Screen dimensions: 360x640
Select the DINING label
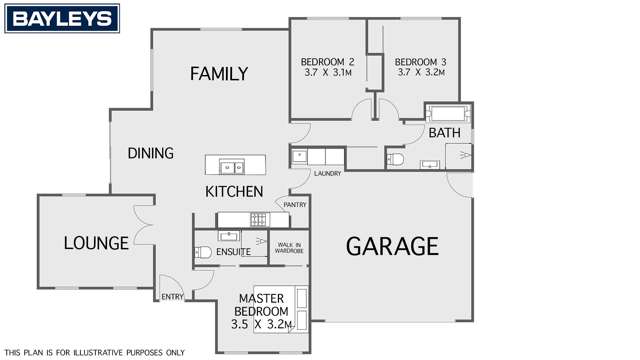(x=151, y=153)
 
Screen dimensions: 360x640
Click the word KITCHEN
(x=234, y=192)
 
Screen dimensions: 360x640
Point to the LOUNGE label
(x=95, y=243)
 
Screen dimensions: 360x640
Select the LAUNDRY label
(x=327, y=173)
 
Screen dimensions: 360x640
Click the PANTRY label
(x=295, y=205)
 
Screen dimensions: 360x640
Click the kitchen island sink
(x=227, y=166)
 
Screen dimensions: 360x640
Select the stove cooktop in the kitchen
(x=257, y=219)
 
